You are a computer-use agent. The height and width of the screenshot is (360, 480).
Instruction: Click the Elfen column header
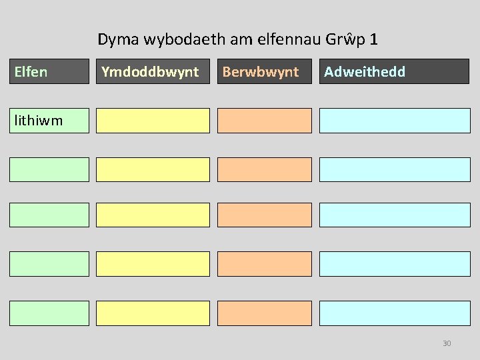[x=49, y=72]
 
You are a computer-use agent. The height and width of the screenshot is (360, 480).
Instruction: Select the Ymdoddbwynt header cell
[x=153, y=72]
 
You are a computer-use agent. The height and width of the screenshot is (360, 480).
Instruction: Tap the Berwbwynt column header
[x=265, y=72]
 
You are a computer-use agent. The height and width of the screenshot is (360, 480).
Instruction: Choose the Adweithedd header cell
[x=395, y=72]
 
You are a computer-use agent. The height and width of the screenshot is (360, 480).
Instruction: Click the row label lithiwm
[x=37, y=121]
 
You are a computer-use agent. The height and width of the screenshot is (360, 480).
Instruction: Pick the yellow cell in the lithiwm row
[x=153, y=121]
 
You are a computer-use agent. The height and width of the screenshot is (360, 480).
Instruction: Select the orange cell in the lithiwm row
[x=265, y=121]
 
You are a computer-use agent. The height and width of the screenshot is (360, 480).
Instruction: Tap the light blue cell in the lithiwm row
[x=395, y=121]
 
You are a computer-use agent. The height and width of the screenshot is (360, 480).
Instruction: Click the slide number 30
[x=447, y=343]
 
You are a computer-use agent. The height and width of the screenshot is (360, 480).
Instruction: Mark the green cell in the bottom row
[x=49, y=313]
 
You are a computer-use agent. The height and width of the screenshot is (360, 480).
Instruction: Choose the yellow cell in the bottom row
[x=153, y=313]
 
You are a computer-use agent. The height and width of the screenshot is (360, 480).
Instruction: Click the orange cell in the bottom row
[x=265, y=313]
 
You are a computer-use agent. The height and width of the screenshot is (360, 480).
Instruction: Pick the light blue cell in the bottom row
[x=395, y=313]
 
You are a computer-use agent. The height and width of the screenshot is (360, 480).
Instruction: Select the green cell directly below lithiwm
[x=49, y=170]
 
